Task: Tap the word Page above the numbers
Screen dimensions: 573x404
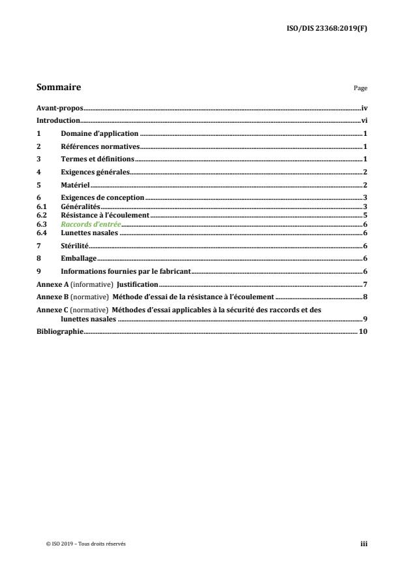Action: point(361,88)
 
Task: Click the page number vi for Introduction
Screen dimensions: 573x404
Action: point(364,121)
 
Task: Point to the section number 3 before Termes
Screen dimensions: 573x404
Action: point(38,159)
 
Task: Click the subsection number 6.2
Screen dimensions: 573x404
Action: point(40,215)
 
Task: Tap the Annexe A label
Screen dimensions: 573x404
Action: point(48,285)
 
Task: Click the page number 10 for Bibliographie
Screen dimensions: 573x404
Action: point(364,332)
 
